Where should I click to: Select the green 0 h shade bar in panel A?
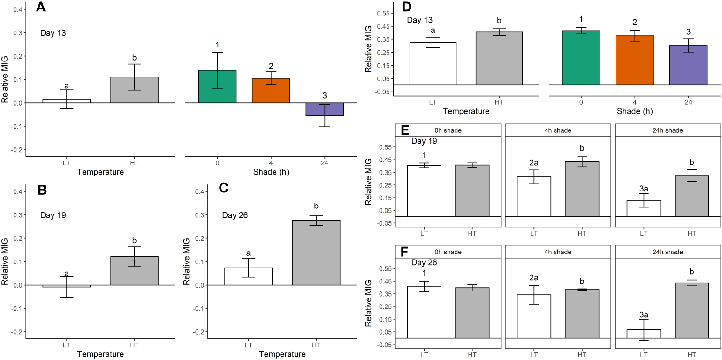click(x=217, y=86)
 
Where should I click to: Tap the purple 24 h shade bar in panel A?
click(x=325, y=109)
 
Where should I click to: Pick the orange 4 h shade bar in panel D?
click(x=635, y=61)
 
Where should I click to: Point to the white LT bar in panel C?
click(x=248, y=276)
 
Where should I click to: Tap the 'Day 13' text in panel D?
click(x=419, y=20)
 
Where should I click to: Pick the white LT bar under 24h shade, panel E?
click(x=643, y=208)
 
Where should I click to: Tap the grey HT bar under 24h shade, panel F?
click(x=692, y=310)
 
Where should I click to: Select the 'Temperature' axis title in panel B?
click(x=101, y=354)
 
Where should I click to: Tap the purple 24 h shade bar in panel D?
click(x=688, y=65)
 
